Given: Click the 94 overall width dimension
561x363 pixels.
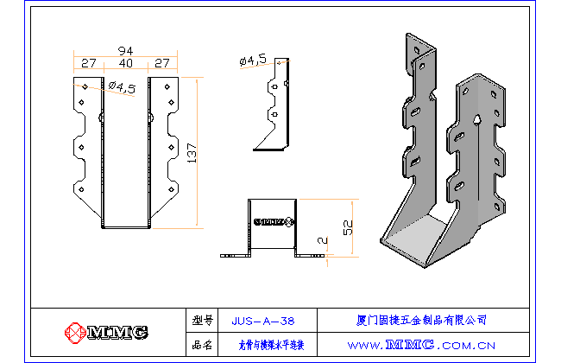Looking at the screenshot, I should point(126,50).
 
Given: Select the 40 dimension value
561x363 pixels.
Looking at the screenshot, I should point(126,64).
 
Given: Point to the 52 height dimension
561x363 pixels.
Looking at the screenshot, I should point(348,227).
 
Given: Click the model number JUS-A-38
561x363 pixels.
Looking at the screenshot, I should point(263,321).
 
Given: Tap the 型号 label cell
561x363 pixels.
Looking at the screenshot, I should point(202,321).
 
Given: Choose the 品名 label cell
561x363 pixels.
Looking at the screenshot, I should point(202,346).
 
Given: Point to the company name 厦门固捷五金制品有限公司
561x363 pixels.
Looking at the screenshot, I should point(421,320).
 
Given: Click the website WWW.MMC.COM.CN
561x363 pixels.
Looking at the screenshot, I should point(421,346).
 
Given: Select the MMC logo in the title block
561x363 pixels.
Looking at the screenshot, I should point(107,332).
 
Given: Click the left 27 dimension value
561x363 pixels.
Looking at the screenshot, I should point(88,64).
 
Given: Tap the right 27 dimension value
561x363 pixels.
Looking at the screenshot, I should point(161,64).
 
